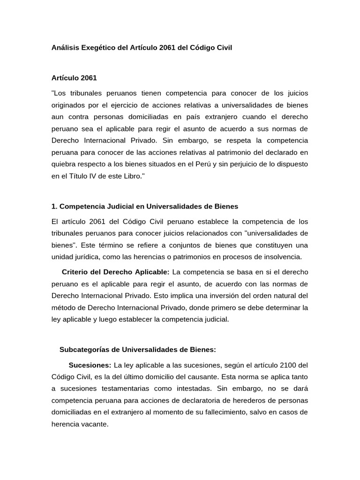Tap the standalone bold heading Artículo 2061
pyautogui.click(x=74, y=77)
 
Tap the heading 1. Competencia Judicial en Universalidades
pyautogui.click(x=145, y=206)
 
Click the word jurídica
pyautogui.click(x=91, y=257)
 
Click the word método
pyautogui.click(x=64, y=308)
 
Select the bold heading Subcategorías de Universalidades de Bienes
pyautogui.click(x=138, y=349)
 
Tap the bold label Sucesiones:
pyautogui.click(x=90, y=365)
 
